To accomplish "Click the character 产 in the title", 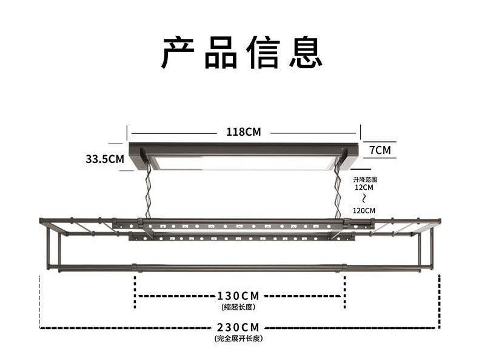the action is point(179,52).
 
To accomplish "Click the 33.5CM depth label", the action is point(104,159).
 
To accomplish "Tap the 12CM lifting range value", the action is point(364,188).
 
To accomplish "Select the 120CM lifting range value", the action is point(364,210).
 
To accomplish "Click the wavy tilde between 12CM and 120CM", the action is point(364,199).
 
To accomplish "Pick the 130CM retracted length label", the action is point(238,296).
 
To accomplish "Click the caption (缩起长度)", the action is point(238,307).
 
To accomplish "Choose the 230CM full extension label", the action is point(238,327).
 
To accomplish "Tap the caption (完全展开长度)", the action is point(238,338).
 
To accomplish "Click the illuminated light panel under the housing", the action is point(243,162).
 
